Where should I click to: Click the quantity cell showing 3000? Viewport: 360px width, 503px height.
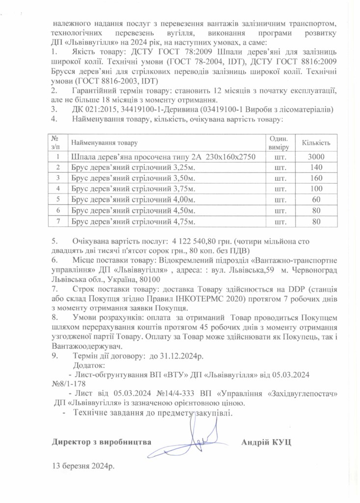tap(316, 157)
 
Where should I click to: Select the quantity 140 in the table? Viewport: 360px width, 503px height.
tap(316, 168)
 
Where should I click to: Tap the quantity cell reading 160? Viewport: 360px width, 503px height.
tap(316, 178)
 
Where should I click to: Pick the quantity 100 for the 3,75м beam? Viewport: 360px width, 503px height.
tap(316, 189)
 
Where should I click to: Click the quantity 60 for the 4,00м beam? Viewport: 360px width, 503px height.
tap(316, 199)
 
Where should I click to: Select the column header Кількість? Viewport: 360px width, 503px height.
tap(316, 142)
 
